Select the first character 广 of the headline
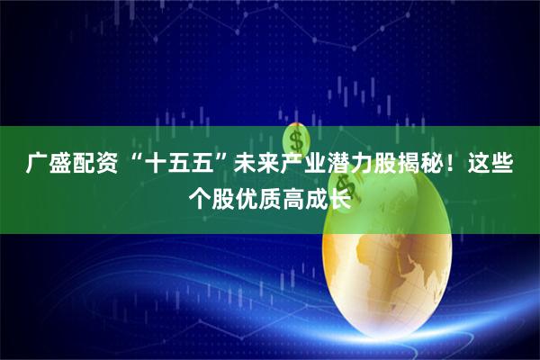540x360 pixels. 37,165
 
